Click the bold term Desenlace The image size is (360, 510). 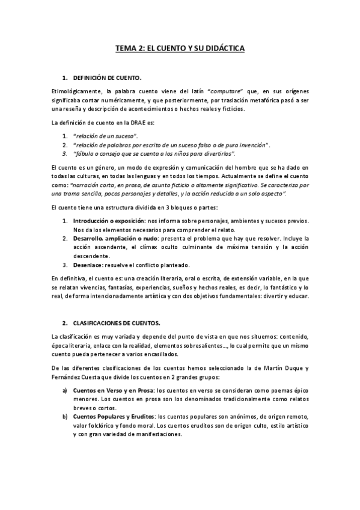87,265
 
